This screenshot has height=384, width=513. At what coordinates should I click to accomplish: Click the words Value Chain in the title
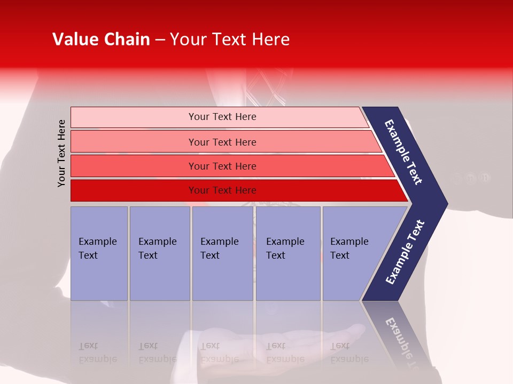(x=101, y=39)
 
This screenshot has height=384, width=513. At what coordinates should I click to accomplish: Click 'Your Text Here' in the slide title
(x=230, y=39)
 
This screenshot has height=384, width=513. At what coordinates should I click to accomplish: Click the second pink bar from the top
(x=222, y=142)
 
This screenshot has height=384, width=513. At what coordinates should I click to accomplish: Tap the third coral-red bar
(x=222, y=166)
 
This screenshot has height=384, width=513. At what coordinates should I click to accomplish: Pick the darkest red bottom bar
(x=222, y=190)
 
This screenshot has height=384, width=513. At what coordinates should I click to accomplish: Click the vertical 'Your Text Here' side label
(x=61, y=153)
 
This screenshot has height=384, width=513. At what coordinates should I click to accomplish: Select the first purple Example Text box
(x=99, y=253)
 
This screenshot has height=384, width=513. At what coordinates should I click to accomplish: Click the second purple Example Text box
(x=159, y=253)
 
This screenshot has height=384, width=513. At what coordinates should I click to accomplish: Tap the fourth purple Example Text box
(x=287, y=253)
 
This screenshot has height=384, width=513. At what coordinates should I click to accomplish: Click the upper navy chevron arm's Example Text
(x=403, y=151)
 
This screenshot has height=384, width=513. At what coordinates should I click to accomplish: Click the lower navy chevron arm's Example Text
(x=405, y=252)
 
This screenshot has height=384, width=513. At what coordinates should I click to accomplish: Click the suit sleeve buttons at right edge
(x=470, y=178)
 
